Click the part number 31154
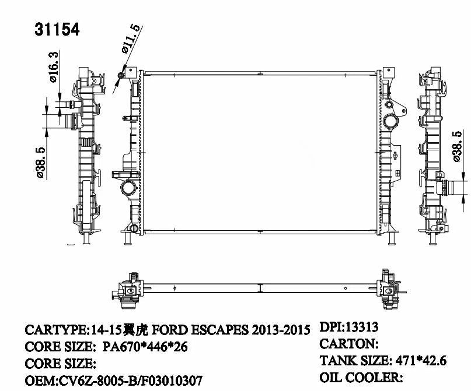coord(57,29)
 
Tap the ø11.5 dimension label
coord(131,39)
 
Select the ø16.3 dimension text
coord(53,68)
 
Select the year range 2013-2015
coord(281,330)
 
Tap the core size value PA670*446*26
coord(145,347)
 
